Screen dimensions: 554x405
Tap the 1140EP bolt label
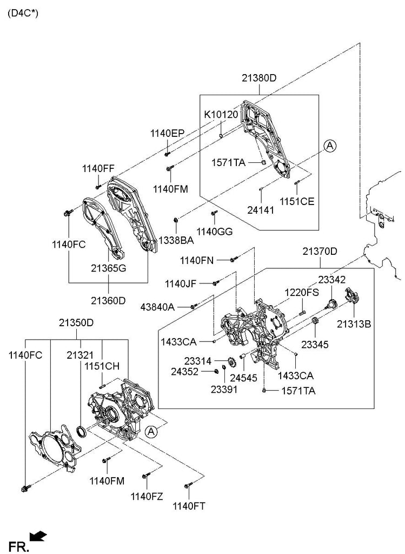point(167,133)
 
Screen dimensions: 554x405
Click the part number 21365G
point(108,268)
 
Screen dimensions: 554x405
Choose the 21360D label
point(108,300)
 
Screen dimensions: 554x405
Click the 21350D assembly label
point(76,323)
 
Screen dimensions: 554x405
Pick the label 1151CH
point(102,366)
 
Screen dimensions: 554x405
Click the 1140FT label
point(189,506)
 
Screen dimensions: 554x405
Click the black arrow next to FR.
point(38,536)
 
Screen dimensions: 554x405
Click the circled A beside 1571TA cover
point(330,144)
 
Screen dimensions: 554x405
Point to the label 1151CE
point(297,201)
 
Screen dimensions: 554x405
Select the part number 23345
point(314,344)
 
